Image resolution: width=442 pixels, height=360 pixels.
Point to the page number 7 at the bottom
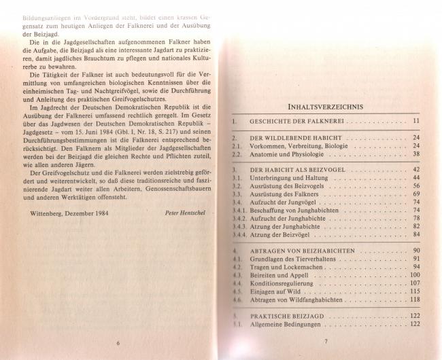[x=326, y=342]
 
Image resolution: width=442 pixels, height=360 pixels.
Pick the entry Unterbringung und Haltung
[x=291, y=177]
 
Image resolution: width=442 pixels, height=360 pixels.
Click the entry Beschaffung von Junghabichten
[x=295, y=211]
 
